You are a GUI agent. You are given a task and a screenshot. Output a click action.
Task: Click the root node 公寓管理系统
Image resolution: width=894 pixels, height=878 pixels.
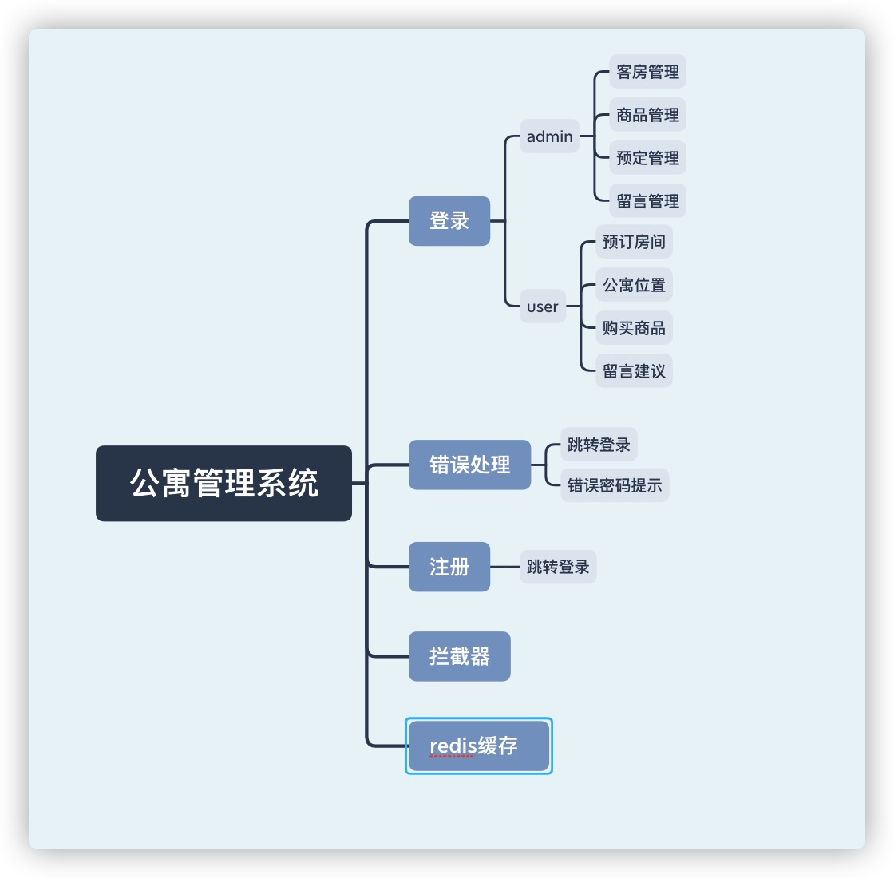(223, 483)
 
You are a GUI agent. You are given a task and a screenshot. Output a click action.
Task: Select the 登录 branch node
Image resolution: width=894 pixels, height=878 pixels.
(449, 220)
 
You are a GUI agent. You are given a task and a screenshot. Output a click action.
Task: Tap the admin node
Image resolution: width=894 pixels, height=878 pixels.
(549, 136)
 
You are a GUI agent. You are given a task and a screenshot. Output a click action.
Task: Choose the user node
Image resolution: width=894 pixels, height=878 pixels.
(542, 307)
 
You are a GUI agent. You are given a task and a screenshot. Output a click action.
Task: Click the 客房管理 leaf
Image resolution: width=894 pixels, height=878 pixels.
(647, 72)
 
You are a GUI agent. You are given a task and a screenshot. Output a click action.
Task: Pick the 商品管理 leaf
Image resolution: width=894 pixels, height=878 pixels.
(647, 115)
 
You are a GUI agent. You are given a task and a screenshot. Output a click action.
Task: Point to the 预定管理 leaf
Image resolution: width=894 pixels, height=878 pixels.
(647, 158)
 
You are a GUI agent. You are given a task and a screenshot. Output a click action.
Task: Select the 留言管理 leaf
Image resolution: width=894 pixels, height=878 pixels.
(647, 201)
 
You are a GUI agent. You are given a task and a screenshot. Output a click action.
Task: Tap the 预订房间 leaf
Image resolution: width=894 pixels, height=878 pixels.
(634, 242)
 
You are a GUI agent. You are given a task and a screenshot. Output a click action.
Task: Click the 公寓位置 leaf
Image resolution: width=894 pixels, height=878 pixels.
(634, 285)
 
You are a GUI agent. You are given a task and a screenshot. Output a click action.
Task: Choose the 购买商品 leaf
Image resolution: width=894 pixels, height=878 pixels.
(634, 328)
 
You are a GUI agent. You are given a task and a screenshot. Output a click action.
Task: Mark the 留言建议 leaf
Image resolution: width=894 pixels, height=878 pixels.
(634, 371)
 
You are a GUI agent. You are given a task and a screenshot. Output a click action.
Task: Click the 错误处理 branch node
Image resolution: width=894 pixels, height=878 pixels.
(469, 465)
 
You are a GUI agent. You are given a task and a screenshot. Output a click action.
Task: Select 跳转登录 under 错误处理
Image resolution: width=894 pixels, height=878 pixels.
(599, 445)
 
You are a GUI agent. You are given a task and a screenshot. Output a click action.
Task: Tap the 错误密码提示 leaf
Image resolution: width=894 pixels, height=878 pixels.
(615, 485)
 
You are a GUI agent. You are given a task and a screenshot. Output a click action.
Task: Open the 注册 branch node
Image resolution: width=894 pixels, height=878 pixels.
(449, 567)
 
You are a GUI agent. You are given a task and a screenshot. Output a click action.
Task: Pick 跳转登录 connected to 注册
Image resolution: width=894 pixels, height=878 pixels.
(558, 567)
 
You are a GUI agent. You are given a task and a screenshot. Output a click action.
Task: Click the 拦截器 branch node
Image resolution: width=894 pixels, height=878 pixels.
(459, 656)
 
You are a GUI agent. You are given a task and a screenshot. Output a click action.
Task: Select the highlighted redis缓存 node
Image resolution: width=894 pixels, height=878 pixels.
(478, 746)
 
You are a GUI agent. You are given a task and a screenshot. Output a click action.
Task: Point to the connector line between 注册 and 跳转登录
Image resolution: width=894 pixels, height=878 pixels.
(504, 567)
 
